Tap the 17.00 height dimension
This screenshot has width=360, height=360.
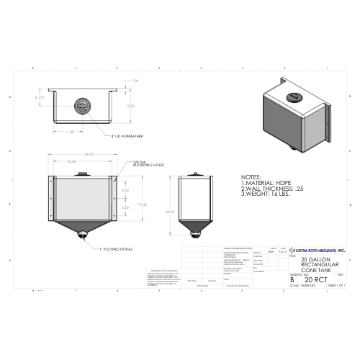[x=145, y=204]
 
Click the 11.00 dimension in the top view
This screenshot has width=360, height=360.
[x=70, y=132]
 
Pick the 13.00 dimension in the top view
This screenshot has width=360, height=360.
[x=130, y=106]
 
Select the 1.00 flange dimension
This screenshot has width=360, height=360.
[x=135, y=81]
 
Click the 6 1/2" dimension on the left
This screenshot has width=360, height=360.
[x=41, y=96]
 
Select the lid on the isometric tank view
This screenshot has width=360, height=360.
[x=294, y=97]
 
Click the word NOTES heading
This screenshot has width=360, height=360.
[x=251, y=176]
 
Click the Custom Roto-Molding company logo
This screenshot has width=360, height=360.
[x=318, y=249]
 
